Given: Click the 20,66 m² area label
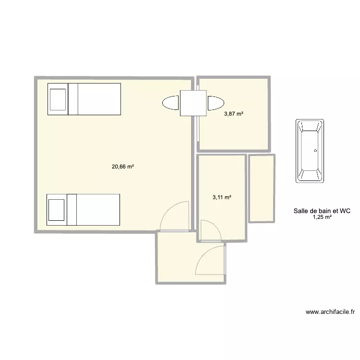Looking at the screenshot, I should tap(122, 167).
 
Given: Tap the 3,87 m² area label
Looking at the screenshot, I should tap(233, 114).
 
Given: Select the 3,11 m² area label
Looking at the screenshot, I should tap(222, 197).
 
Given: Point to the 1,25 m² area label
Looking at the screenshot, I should tap(322, 217).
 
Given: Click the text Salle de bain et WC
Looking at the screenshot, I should tap(322, 210).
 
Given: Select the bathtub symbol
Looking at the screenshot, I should tap(310, 151).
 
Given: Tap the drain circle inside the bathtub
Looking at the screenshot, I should tap(315, 150).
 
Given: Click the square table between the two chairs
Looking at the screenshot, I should tap(193, 103).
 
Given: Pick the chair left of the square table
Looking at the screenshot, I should tap(171, 103).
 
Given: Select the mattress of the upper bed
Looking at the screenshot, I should tap(98, 99).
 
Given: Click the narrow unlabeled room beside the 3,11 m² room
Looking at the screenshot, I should tap(262, 188).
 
